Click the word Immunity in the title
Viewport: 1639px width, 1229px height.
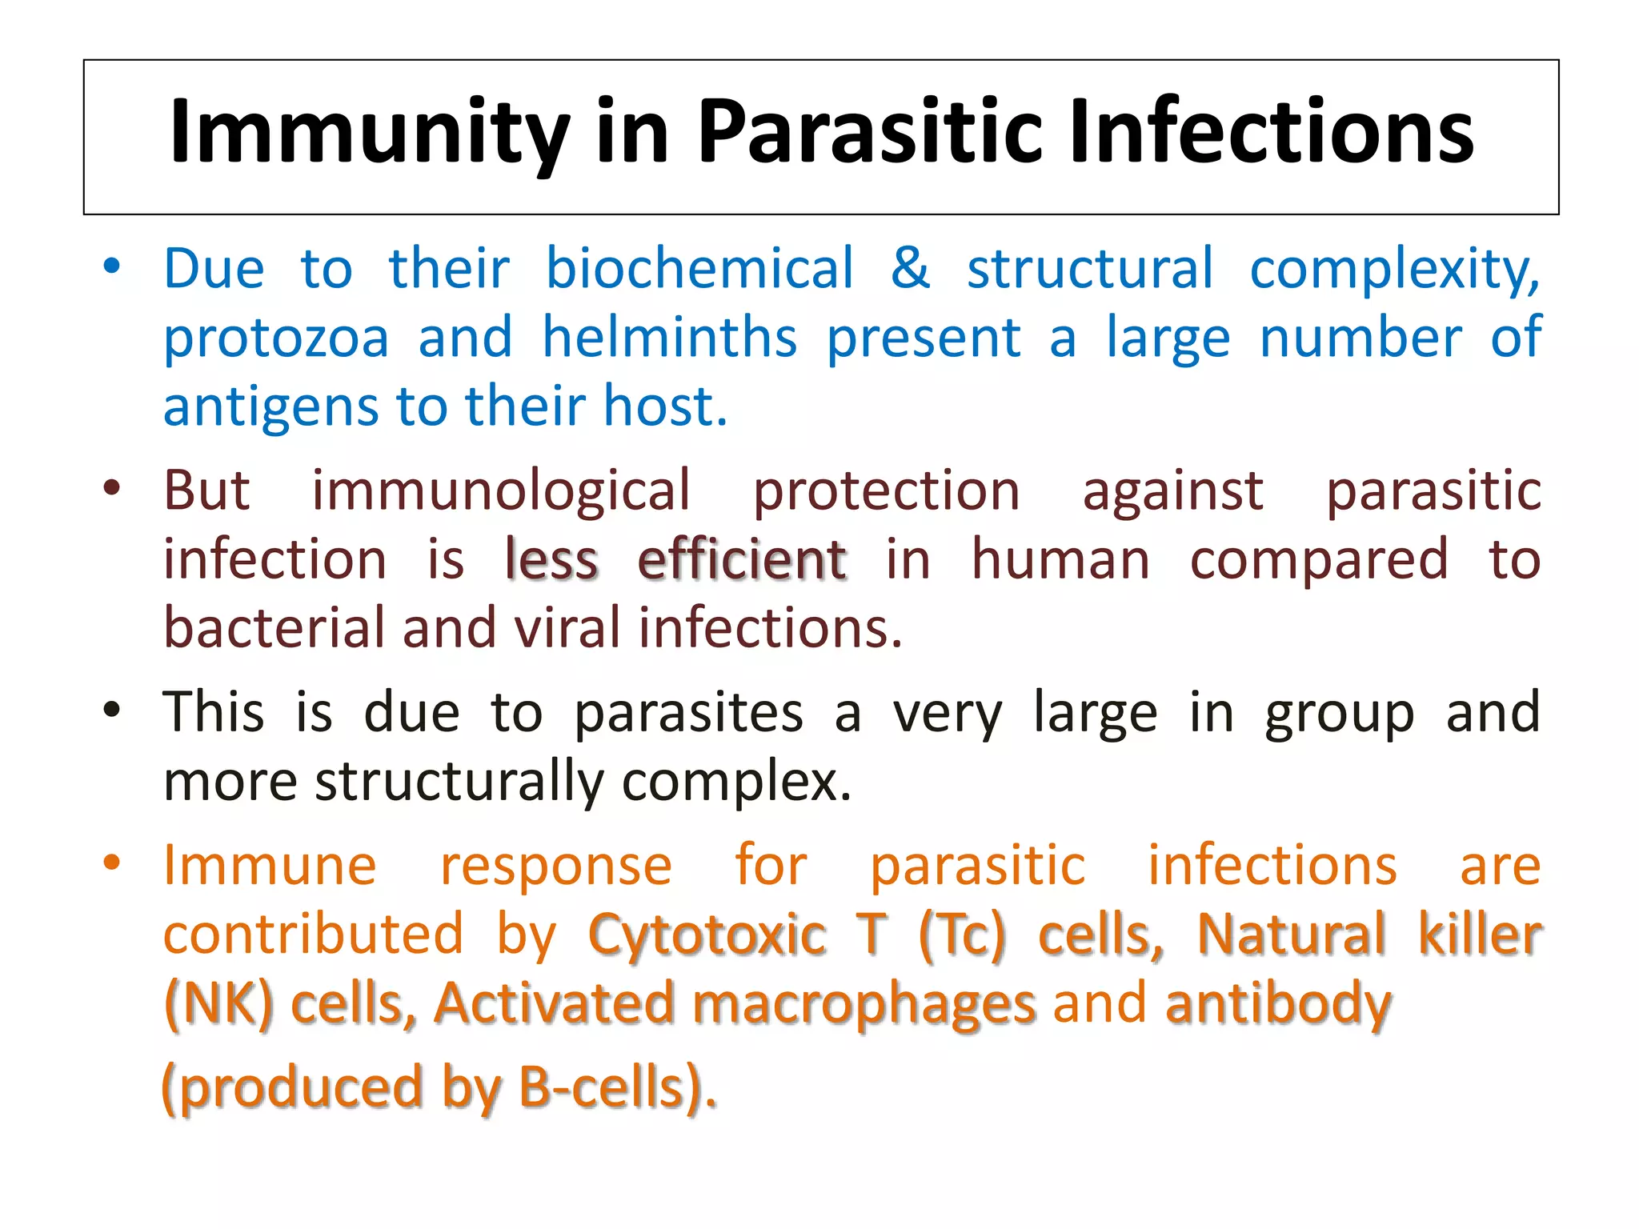pyautogui.click(x=369, y=132)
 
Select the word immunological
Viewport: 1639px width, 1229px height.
pyautogui.click(x=500, y=490)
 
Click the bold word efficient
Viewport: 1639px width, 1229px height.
pyautogui.click(x=742, y=559)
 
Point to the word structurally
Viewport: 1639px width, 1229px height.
pyautogui.click(x=460, y=782)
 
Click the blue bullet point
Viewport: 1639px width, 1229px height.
pyautogui.click(x=112, y=266)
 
